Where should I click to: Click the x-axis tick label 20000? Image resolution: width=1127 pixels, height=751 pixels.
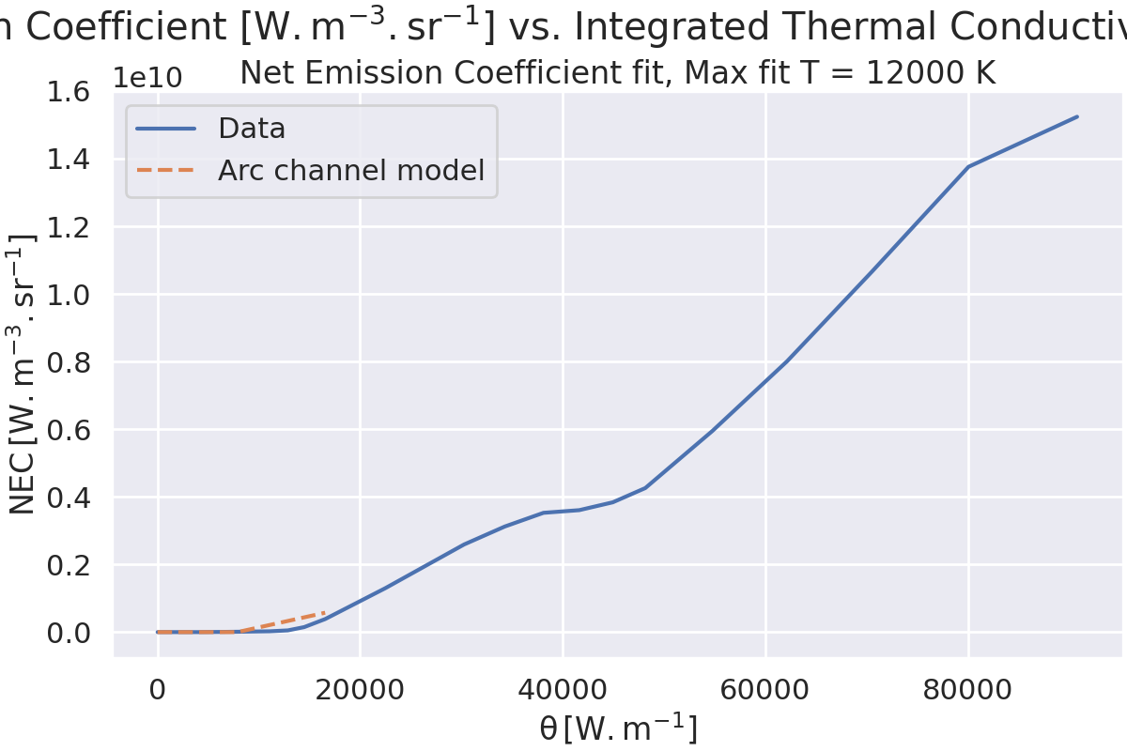click(360, 690)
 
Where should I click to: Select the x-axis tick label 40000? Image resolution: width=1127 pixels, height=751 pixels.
click(562, 690)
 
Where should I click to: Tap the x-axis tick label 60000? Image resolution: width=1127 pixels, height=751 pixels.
click(765, 690)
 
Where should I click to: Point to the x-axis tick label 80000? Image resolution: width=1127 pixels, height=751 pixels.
click(968, 690)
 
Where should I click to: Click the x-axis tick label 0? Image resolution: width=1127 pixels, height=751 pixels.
click(158, 690)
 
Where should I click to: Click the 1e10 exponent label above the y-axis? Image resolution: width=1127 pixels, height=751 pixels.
click(147, 77)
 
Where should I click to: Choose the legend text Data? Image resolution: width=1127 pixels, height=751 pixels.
click(252, 129)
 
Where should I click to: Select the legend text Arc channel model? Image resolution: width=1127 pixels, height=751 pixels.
click(351, 171)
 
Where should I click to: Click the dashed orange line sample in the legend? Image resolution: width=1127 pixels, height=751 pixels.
click(165, 171)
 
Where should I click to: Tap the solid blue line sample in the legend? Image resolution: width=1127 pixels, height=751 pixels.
click(165, 129)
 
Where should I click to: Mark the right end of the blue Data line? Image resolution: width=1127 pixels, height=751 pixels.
click(1077, 116)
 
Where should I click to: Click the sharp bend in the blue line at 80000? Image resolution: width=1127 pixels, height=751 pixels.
click(968, 167)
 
